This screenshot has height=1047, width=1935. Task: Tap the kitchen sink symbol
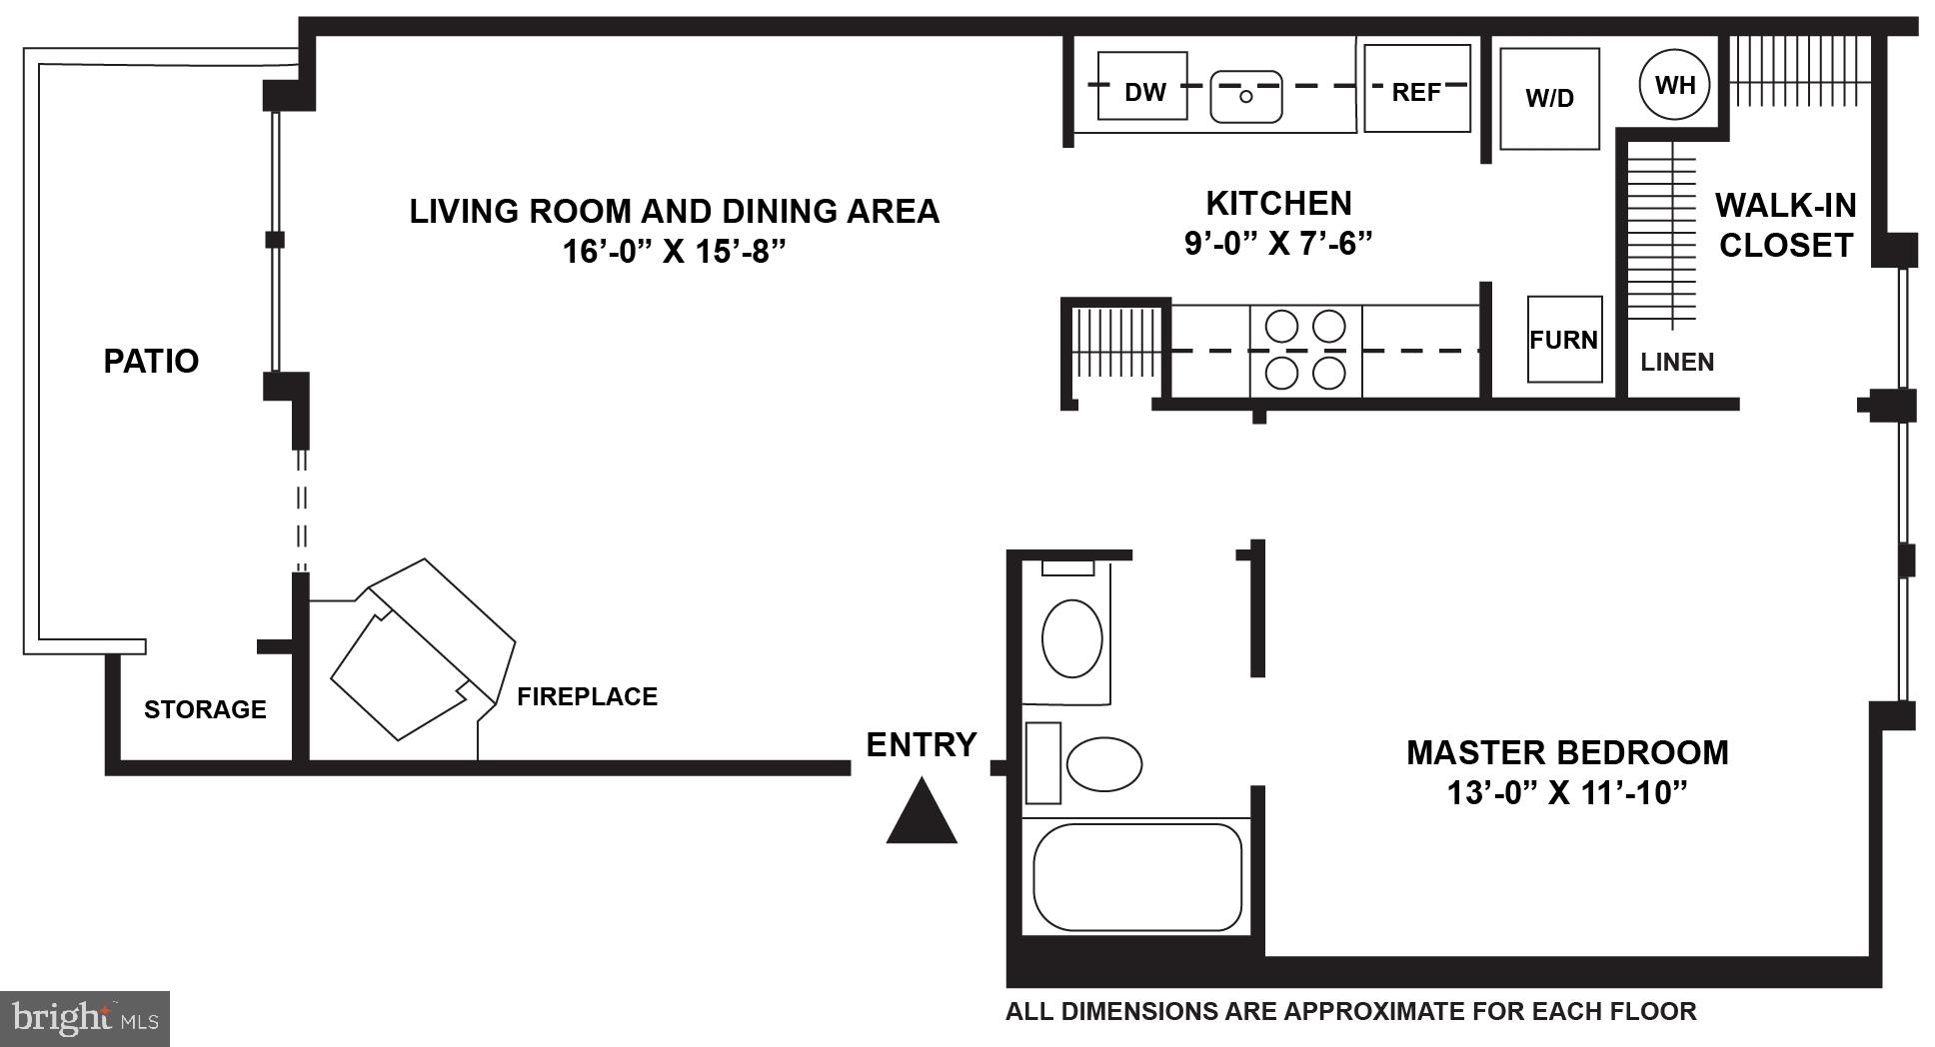pos(1245,96)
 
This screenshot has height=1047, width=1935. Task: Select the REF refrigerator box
pos(1416,90)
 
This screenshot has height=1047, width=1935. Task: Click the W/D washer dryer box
pos(1549,98)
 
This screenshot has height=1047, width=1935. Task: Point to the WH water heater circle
pos(1675,85)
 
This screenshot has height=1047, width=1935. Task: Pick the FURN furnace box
pos(1563,340)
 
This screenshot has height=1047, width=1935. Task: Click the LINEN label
pos(1677,362)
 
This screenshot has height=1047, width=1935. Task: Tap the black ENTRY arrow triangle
pos(922,813)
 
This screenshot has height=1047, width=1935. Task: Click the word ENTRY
pos(921,744)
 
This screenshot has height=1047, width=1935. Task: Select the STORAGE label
pos(205,709)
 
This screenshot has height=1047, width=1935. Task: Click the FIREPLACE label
pos(587,696)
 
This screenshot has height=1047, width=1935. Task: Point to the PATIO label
pos(151,361)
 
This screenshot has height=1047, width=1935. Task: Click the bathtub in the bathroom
pos(1136,876)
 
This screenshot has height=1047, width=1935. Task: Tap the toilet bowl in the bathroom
pos(1103,764)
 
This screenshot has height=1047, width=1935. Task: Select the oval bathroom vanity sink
pos(1071,637)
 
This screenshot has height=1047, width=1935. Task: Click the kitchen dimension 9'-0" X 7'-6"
pos(1278,244)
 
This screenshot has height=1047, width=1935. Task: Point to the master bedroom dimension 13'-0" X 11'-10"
pos(1566,793)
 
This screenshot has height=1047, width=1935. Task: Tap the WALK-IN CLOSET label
pos(1785,225)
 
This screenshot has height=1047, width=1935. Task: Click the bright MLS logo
pos(85,1018)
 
